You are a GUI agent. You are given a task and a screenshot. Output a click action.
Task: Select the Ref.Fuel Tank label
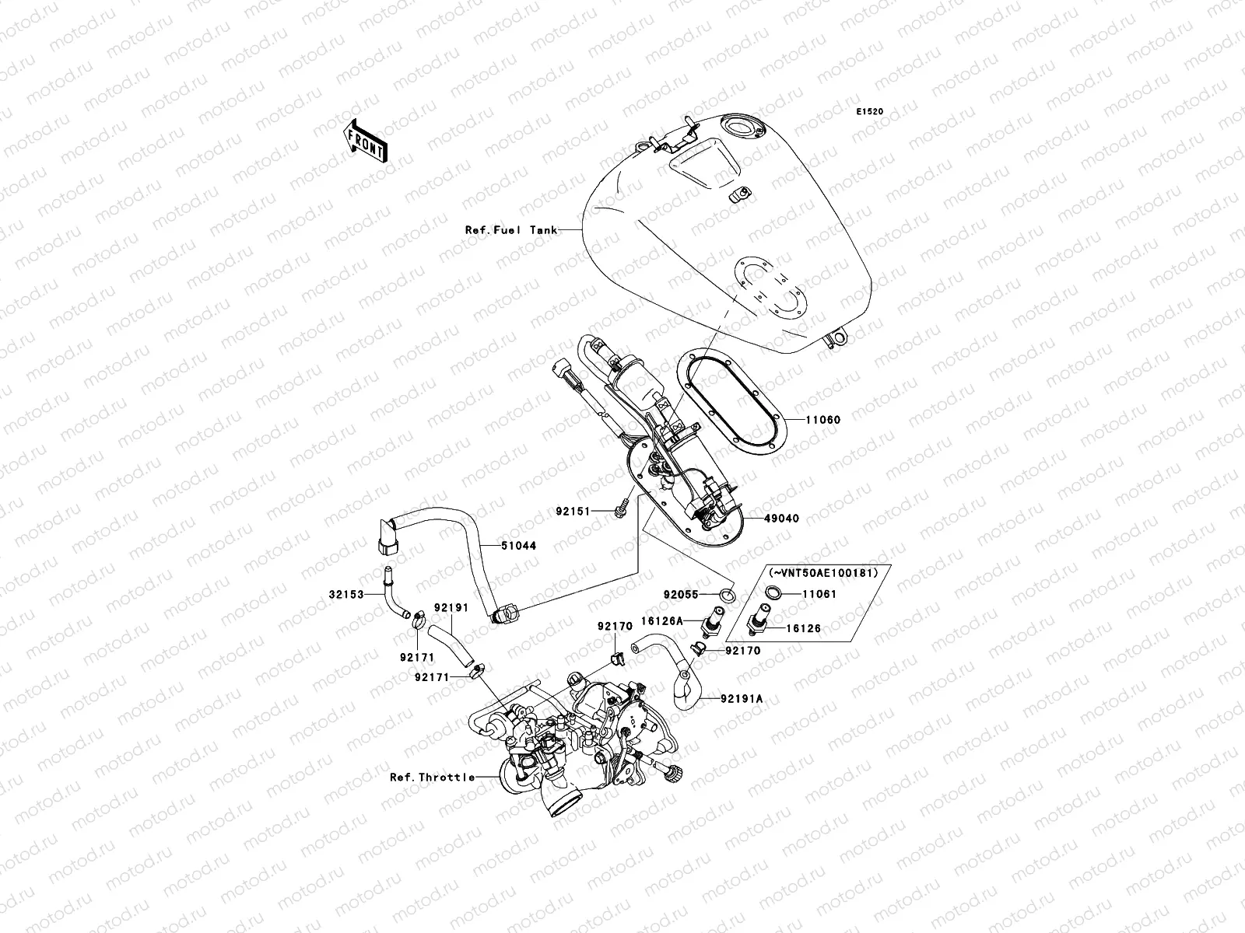(510, 230)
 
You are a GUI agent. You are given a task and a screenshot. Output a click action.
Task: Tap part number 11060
(822, 420)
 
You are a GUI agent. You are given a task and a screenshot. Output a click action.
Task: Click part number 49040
(780, 518)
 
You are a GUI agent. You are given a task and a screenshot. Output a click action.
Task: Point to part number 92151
(574, 512)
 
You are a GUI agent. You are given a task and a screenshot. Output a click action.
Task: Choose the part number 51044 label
(518, 546)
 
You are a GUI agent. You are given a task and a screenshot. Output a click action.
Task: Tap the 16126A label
(661, 620)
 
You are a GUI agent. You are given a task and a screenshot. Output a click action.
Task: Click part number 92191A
(742, 699)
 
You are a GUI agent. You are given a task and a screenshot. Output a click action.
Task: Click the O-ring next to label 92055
(728, 595)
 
